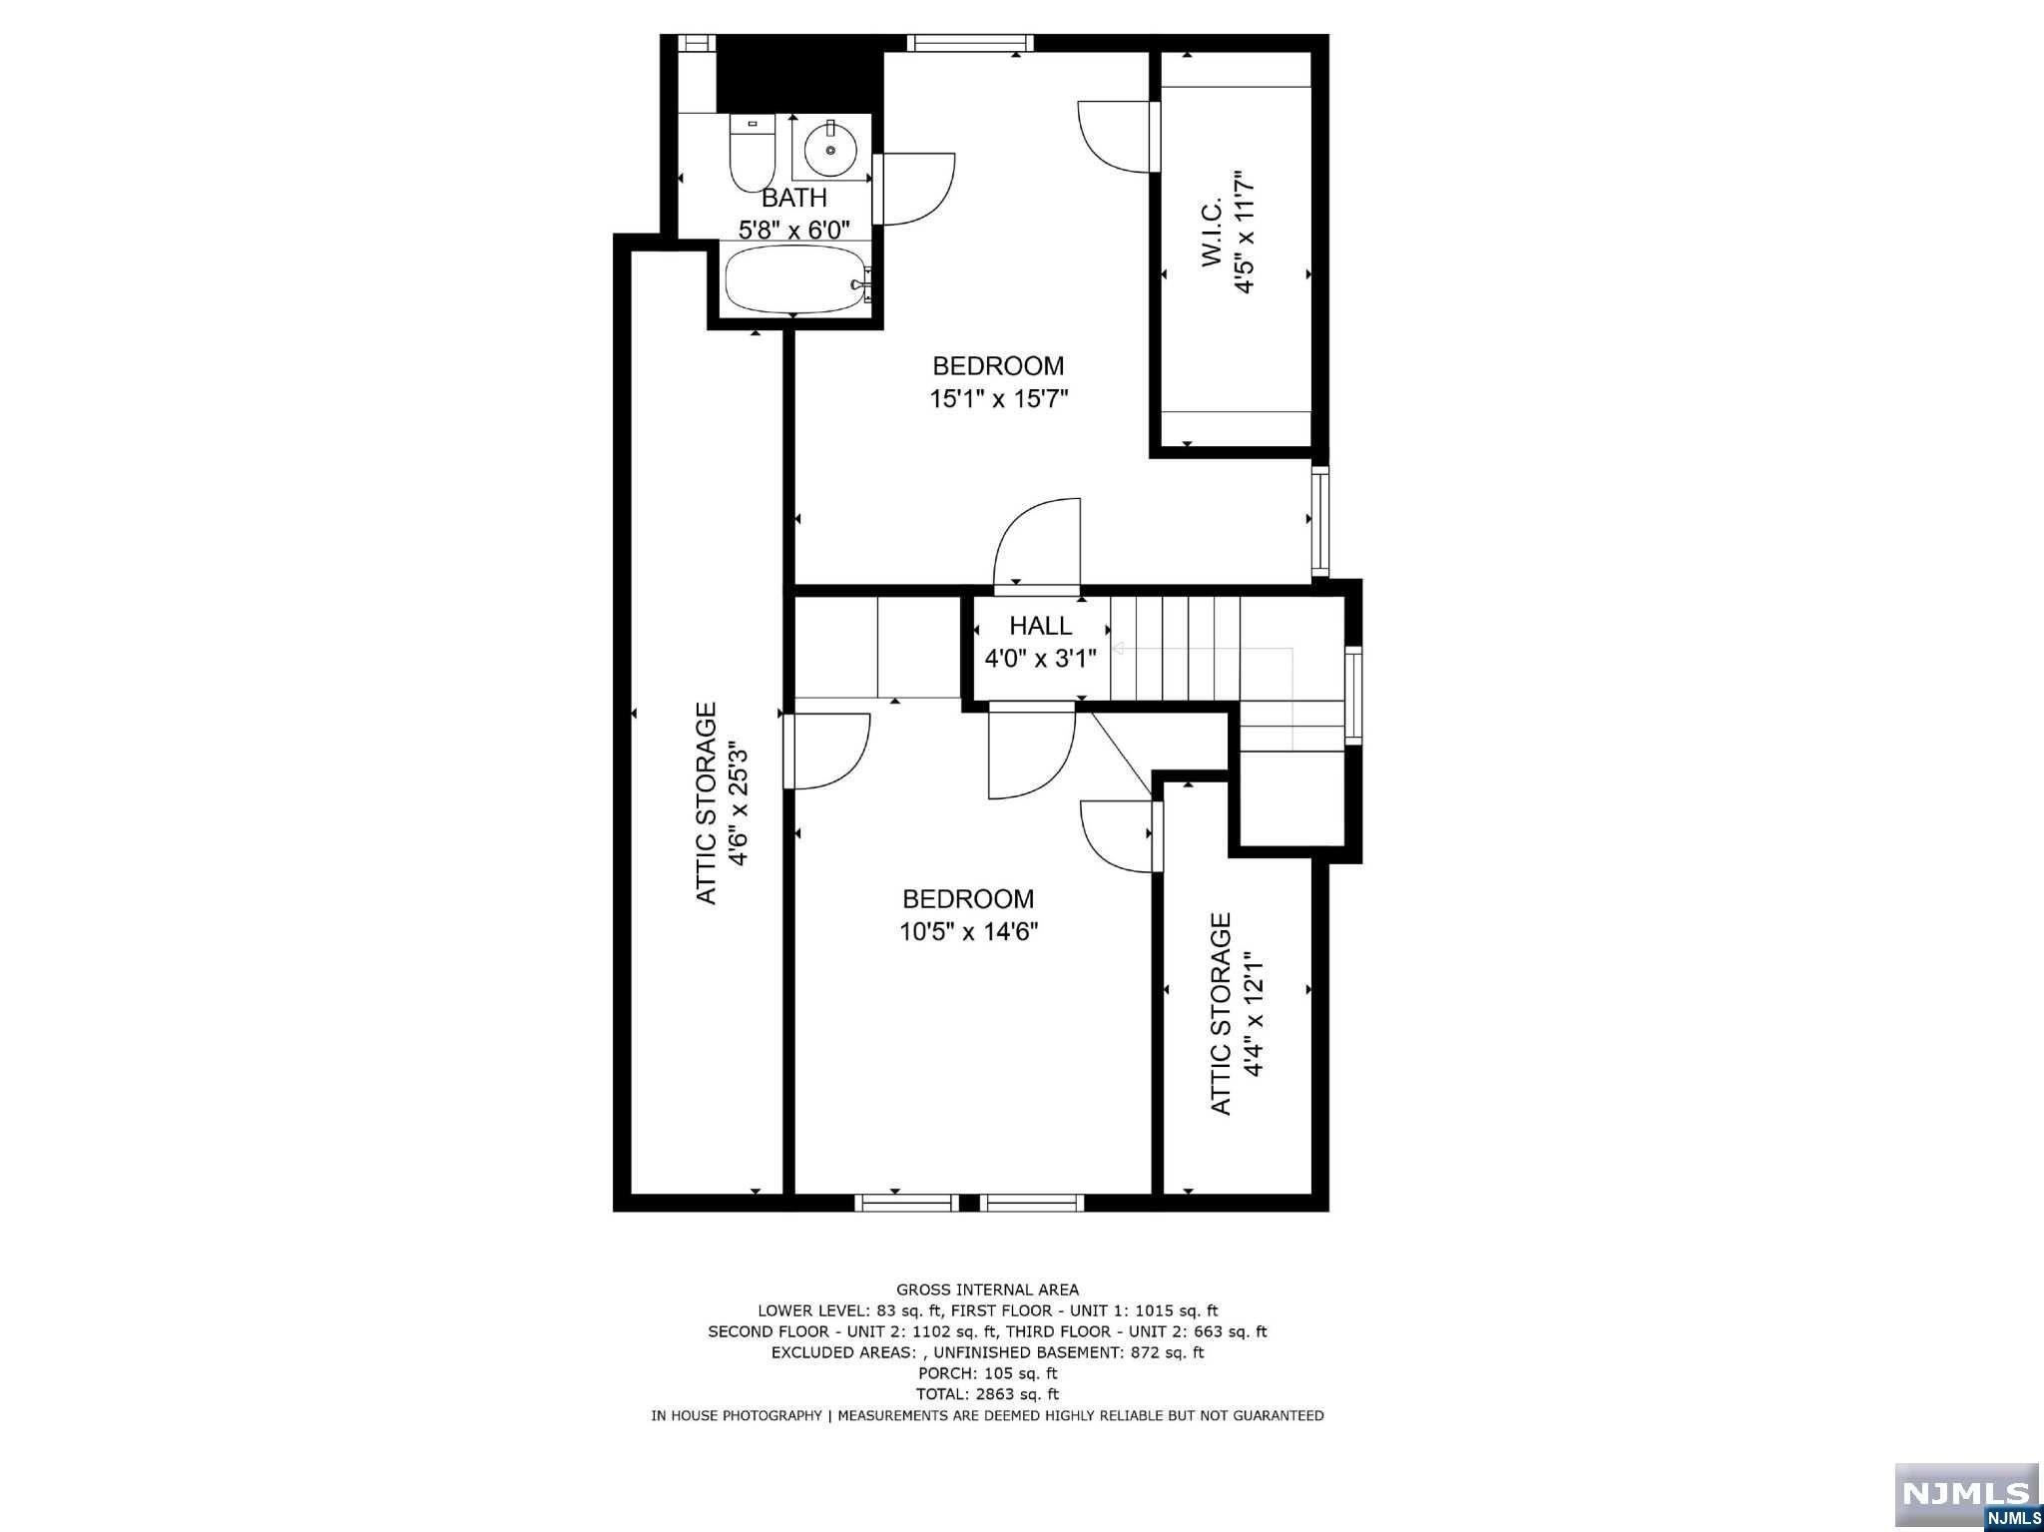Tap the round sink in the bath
(830, 151)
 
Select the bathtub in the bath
(794, 280)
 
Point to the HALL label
(1040, 626)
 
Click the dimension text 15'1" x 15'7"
(998, 399)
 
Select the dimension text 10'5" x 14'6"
(968, 932)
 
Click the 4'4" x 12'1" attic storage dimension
(1254, 1014)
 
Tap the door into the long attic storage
(826, 752)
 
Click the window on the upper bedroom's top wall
(969, 42)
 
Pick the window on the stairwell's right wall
(1352, 695)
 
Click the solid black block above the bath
(799, 75)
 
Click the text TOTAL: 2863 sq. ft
(987, 1394)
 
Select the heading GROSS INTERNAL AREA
(987, 1289)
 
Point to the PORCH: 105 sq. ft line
(987, 1373)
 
